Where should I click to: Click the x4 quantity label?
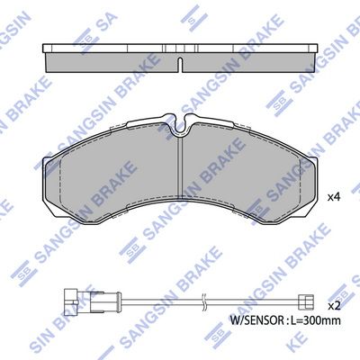click(x=333, y=197)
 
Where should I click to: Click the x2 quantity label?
click(x=333, y=306)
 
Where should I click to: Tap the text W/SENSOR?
click(x=256, y=320)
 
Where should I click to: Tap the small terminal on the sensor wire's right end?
click(x=305, y=301)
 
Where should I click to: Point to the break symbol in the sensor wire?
click(x=204, y=301)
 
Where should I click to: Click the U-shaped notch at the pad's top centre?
click(x=180, y=123)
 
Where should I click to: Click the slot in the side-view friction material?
click(x=180, y=65)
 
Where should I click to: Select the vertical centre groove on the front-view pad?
click(x=180, y=166)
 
